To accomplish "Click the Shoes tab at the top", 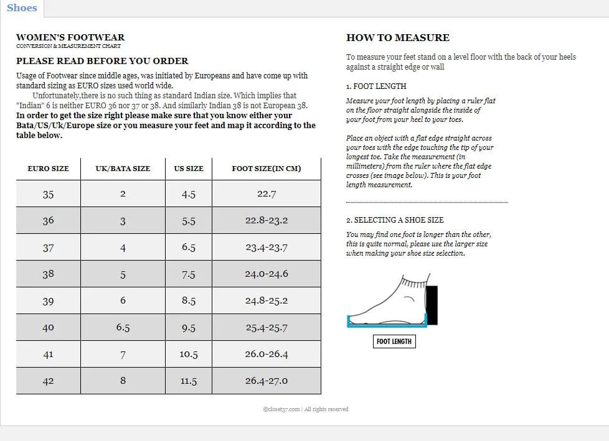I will pyautogui.click(x=22, y=8).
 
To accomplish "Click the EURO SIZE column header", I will pyautogui.click(x=48, y=169).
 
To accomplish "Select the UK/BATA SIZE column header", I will pyautogui.click(x=123, y=169).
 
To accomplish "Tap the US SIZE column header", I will pyautogui.click(x=188, y=169).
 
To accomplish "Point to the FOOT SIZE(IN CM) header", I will pyautogui.click(x=266, y=169).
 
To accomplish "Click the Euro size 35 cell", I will pyautogui.click(x=48, y=194).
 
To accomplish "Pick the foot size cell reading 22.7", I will pyautogui.click(x=267, y=194).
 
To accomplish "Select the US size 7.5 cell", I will pyautogui.click(x=188, y=274).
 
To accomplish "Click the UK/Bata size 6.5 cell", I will pyautogui.click(x=123, y=327).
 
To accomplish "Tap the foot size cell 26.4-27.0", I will pyautogui.click(x=267, y=381).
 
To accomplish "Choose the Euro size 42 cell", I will pyautogui.click(x=48, y=381).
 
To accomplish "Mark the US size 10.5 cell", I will pyautogui.click(x=188, y=354).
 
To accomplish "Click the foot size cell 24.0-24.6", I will pyautogui.click(x=267, y=274).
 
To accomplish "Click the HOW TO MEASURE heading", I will pyautogui.click(x=397, y=38).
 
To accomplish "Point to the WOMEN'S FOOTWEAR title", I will pyautogui.click(x=70, y=37).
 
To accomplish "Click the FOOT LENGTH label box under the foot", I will pyautogui.click(x=394, y=341).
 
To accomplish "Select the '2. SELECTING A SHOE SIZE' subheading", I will pyautogui.click(x=395, y=220).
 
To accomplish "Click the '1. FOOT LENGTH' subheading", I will pyautogui.click(x=375, y=86).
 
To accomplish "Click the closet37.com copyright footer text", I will pyautogui.click(x=305, y=409).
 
